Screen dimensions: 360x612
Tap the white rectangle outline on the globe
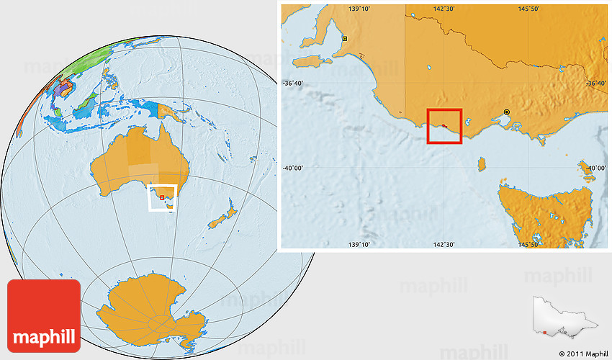[x=162, y=186]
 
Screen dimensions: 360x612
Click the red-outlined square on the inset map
[x=444, y=126]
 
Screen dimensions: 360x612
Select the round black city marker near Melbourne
[x=507, y=112]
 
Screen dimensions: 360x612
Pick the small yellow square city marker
[x=345, y=38]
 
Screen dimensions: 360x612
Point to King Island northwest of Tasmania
[x=481, y=165]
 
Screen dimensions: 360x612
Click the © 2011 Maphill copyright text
[x=583, y=354]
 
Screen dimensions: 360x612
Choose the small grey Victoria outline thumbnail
[x=560, y=318]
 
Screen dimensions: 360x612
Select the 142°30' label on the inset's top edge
[x=444, y=9]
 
